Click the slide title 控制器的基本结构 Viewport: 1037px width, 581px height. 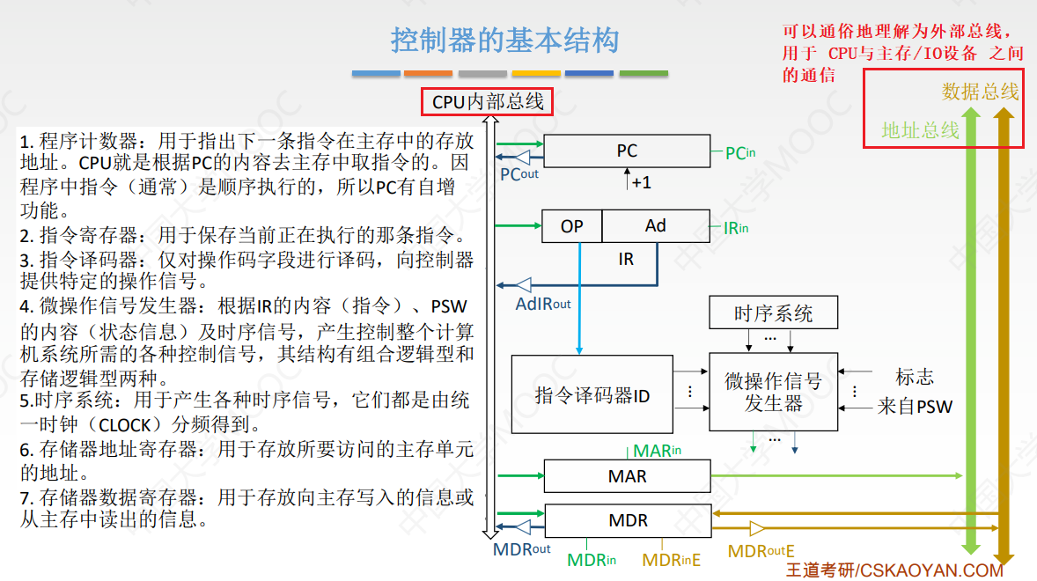tap(504, 40)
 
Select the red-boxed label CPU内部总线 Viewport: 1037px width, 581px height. tap(488, 102)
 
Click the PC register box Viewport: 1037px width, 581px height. tap(627, 151)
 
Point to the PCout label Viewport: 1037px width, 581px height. tap(519, 174)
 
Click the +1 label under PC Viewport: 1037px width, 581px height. tap(641, 182)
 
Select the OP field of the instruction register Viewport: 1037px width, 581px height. tap(572, 226)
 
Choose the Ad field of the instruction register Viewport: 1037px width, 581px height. tap(656, 226)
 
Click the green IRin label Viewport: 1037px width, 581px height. tap(736, 228)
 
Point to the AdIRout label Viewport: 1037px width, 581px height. tap(543, 304)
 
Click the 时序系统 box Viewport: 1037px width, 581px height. tap(773, 313)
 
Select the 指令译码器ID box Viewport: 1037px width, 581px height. tap(592, 395)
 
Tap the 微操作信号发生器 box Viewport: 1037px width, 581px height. tap(773, 392)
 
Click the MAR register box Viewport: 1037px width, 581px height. tap(627, 476)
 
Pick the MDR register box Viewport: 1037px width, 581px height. tap(627, 520)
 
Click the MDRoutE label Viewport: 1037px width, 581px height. tap(761, 552)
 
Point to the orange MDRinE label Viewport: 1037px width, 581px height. tap(671, 560)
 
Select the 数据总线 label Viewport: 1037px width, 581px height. tap(980, 92)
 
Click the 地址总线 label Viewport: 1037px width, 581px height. tap(920, 130)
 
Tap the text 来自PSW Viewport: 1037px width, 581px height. tap(915, 408)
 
